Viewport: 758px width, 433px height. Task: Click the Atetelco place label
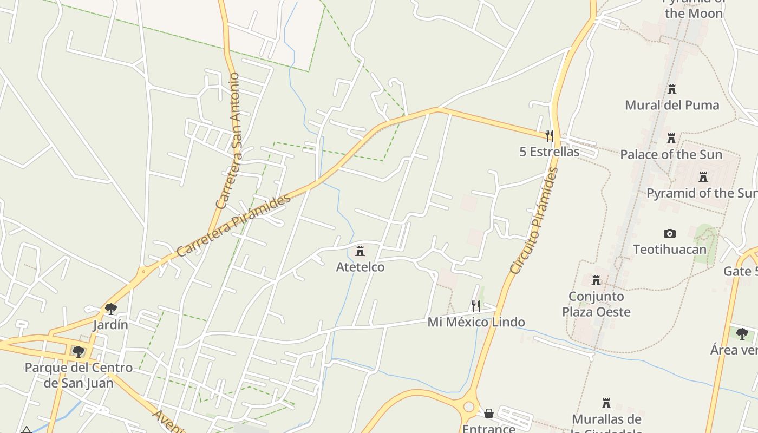coord(360,267)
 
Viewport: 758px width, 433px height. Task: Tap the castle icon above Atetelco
coord(360,251)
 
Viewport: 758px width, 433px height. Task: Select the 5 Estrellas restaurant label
coord(549,152)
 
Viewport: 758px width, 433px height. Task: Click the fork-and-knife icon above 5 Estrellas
coord(549,135)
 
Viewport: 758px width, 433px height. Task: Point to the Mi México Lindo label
coord(476,322)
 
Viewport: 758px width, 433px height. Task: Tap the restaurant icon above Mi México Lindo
coord(476,306)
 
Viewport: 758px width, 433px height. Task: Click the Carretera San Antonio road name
coord(228,141)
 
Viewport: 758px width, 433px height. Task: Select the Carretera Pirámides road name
coord(233,226)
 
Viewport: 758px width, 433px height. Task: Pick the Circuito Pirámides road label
coord(534,220)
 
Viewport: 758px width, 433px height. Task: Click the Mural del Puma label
coord(672,105)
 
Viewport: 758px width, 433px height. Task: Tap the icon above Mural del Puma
coord(672,89)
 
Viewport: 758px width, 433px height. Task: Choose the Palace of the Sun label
coord(671,155)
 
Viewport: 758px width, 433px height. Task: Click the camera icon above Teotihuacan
coord(670,233)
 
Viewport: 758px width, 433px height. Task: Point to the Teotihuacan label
coord(670,249)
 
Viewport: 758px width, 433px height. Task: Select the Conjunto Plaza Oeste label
coord(596,304)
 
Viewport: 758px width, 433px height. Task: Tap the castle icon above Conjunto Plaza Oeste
coord(596,280)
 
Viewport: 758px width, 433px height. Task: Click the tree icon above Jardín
coord(111,309)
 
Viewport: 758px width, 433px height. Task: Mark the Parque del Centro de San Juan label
coord(79,375)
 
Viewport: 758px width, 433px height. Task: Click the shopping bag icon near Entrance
coord(489,414)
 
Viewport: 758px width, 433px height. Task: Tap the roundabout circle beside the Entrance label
coord(468,407)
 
